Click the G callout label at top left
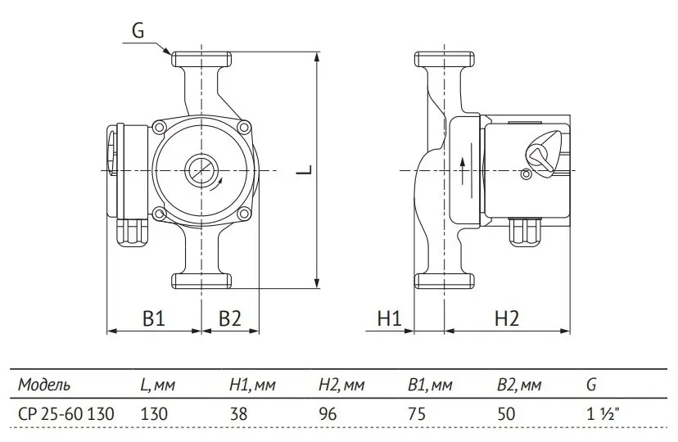(138, 31)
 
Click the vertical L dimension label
(305, 169)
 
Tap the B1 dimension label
(154, 318)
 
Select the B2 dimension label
(229, 318)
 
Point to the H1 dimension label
(390, 318)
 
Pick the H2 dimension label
(506, 318)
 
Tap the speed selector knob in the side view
(543, 152)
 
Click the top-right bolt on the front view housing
(244, 127)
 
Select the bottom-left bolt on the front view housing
(160, 214)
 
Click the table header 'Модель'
(43, 384)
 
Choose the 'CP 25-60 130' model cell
(66, 414)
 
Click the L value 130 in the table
(154, 414)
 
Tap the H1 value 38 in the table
(238, 414)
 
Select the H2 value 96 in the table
(328, 414)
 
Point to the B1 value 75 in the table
(417, 414)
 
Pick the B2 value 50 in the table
(506, 414)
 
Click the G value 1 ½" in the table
(603, 414)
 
